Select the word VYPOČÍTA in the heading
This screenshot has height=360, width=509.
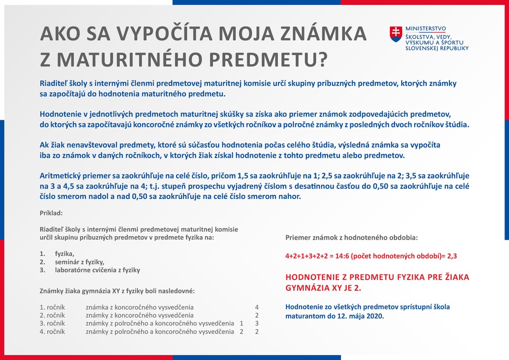pos(160,34)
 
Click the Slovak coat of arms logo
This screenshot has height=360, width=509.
pos(396,34)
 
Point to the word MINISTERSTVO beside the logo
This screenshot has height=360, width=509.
pos(426,29)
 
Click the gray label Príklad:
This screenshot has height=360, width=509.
pos(51,213)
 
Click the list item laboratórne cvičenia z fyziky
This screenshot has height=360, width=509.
pos(97,270)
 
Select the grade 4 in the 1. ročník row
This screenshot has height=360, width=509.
pos(257,307)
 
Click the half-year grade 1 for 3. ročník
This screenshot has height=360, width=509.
pos(242,323)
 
